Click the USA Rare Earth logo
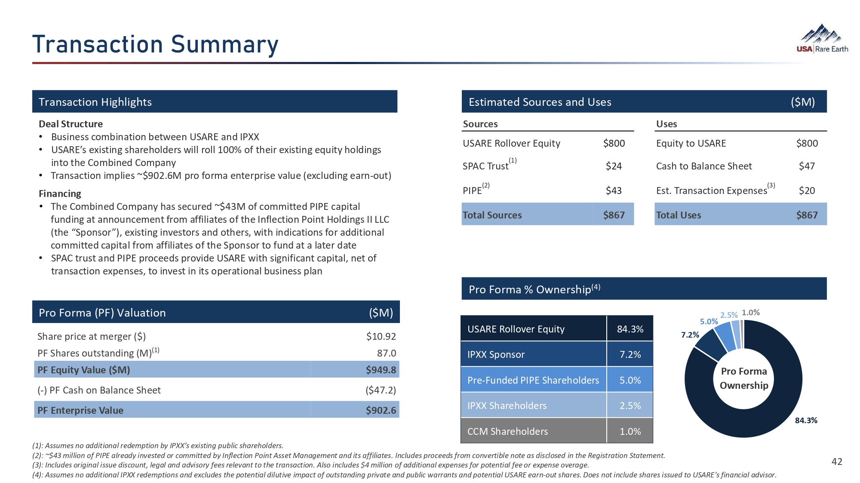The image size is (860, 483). (x=822, y=39)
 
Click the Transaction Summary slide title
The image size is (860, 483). (x=155, y=44)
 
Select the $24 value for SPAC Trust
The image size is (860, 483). (x=614, y=166)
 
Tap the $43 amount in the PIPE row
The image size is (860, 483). (x=614, y=191)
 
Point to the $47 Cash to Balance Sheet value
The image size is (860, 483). (x=807, y=166)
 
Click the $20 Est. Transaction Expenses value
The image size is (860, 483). (x=807, y=191)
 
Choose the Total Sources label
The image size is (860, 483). (x=492, y=215)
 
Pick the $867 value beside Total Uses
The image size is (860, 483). (x=807, y=215)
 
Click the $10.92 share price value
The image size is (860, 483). (x=381, y=336)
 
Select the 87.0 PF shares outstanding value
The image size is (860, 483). (x=386, y=353)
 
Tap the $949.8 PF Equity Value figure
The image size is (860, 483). (x=381, y=370)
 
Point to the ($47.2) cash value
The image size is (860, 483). (x=381, y=390)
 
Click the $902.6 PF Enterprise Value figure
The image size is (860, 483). (x=381, y=410)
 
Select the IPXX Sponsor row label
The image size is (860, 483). (x=496, y=354)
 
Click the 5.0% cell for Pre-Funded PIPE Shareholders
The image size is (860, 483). (x=630, y=380)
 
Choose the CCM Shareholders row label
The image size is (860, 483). (x=507, y=431)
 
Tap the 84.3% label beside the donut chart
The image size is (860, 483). (x=806, y=420)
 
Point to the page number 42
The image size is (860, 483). (x=837, y=461)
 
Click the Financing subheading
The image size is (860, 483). (x=60, y=194)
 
